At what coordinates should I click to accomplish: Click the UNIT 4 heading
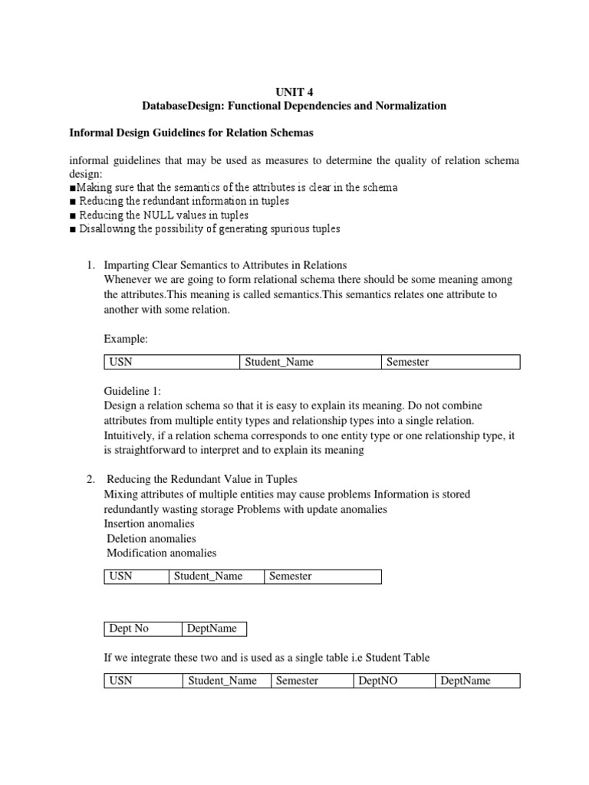point(294,90)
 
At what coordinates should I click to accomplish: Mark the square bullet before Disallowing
point(72,229)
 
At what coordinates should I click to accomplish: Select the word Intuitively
point(130,436)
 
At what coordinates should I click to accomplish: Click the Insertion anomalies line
point(149,524)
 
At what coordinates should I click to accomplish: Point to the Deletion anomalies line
point(151,538)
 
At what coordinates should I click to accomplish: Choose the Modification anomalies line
point(161,553)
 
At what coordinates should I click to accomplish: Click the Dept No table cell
point(143,629)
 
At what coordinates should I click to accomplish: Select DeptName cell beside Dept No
point(213,629)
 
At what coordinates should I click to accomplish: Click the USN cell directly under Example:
point(172,362)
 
